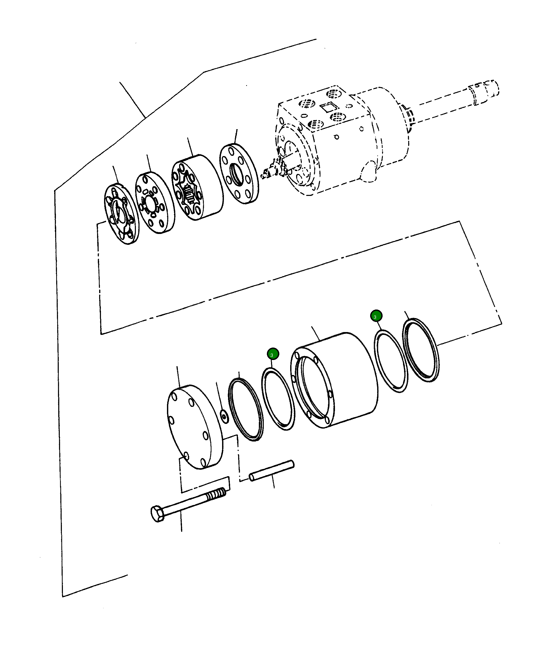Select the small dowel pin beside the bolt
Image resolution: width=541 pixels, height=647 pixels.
(272, 470)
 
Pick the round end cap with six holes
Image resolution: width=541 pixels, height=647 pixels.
(194, 427)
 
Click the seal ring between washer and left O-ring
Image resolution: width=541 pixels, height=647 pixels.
(246, 409)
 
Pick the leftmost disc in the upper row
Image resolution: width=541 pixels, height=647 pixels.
(121, 214)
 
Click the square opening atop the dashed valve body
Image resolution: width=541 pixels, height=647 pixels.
(329, 107)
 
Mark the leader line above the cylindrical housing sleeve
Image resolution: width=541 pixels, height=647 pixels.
(316, 333)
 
